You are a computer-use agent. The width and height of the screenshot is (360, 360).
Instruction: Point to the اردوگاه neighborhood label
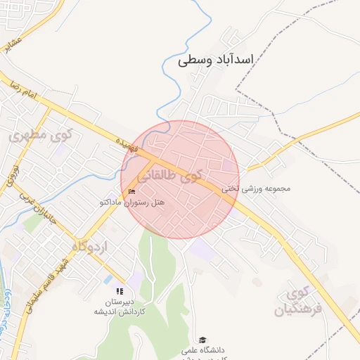click(89, 246)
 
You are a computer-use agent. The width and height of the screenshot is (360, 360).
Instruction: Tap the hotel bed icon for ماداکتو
click(131, 192)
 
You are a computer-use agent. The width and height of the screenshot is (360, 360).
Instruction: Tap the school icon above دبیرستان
click(120, 291)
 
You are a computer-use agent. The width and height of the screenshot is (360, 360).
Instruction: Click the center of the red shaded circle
click(180, 180)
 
